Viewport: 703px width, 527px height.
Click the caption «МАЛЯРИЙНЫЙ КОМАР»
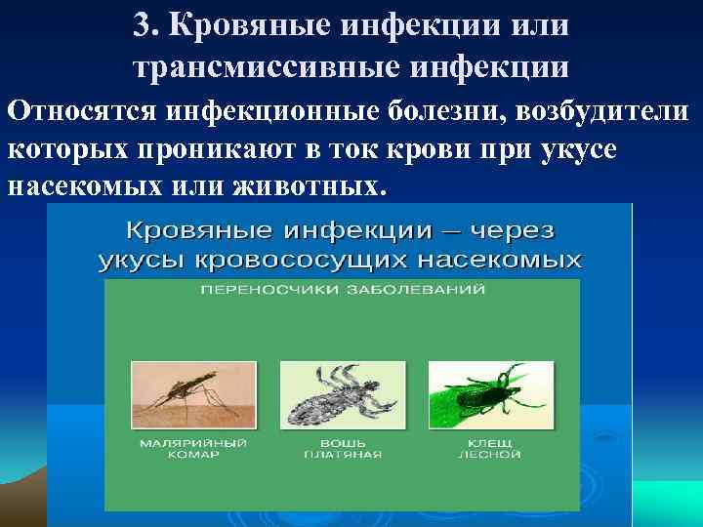click(191, 448)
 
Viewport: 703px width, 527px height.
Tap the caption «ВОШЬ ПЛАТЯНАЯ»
click(342, 448)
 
